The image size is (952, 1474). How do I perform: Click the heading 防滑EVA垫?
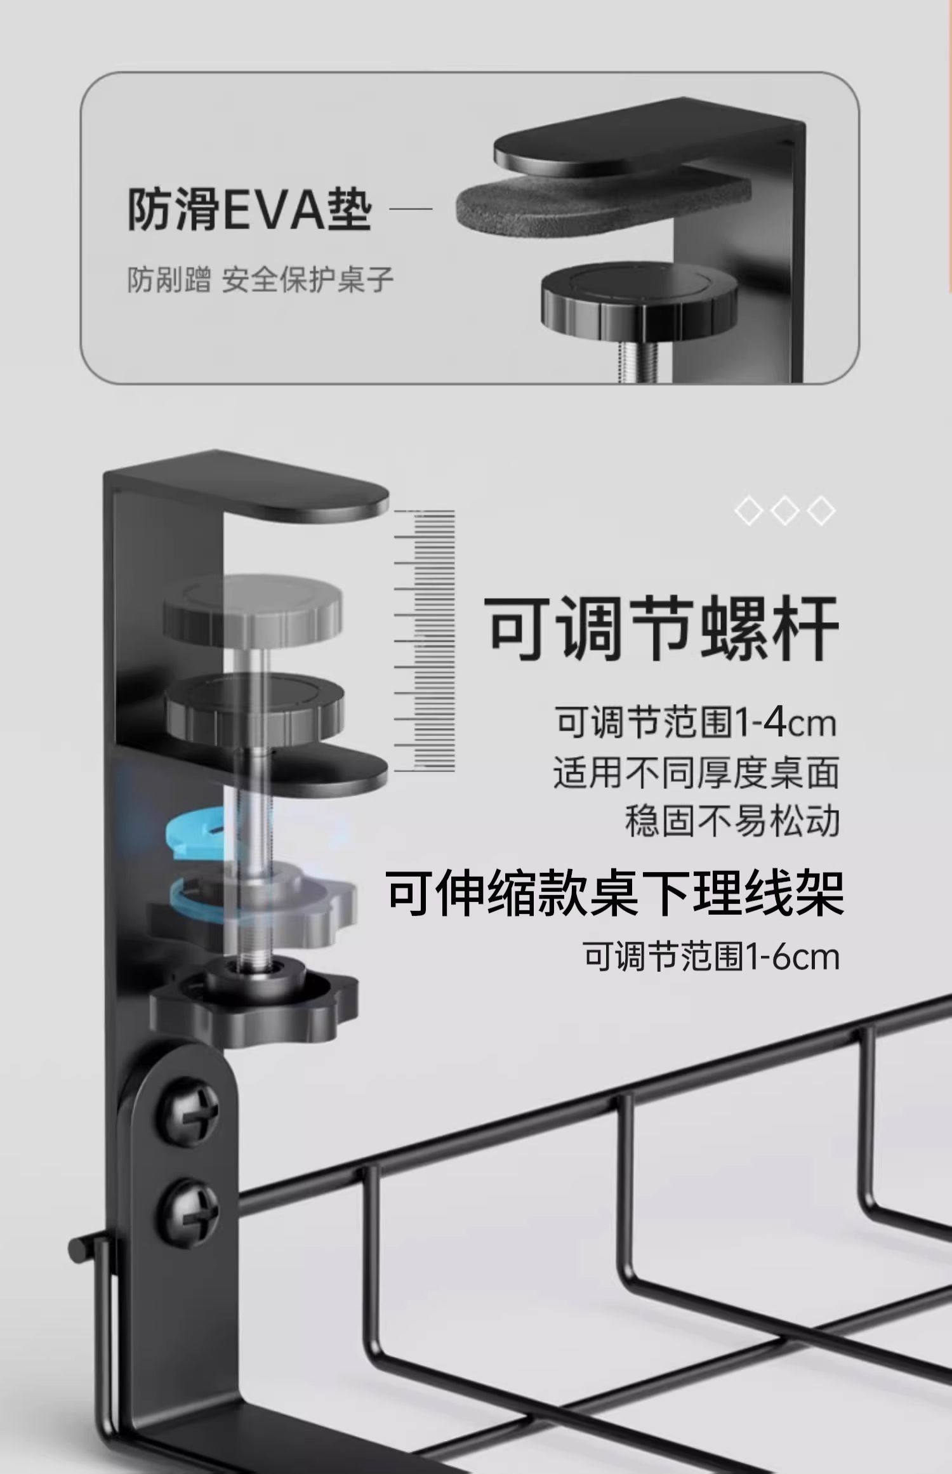click(249, 209)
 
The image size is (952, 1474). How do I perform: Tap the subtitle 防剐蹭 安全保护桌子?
click(260, 280)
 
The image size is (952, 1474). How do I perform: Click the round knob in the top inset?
click(638, 295)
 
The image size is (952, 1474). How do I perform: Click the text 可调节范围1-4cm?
click(696, 722)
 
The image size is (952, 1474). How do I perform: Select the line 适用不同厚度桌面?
click(696, 772)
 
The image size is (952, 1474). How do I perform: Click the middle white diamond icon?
click(785, 510)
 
